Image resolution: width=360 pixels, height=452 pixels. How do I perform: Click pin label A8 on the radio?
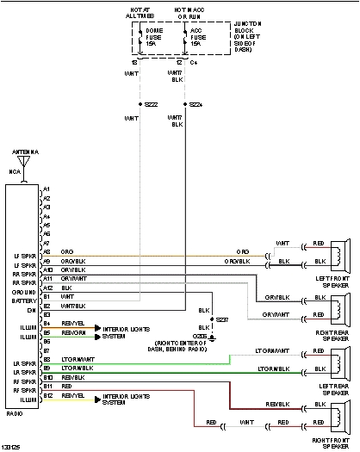(x=47, y=252)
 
